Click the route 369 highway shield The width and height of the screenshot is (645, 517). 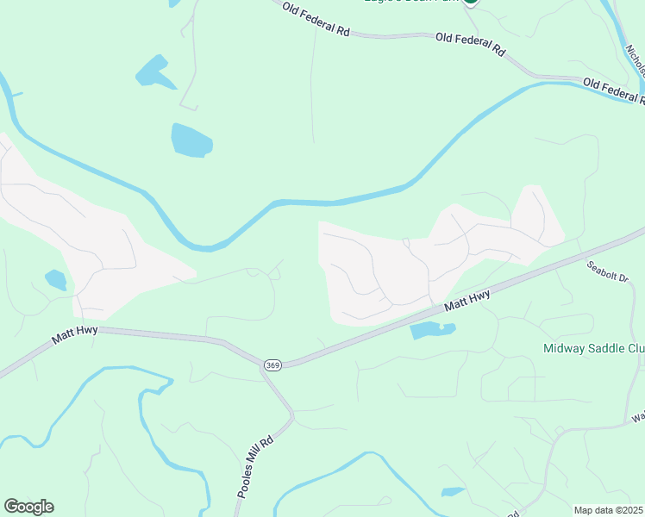click(272, 364)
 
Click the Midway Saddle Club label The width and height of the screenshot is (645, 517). click(593, 349)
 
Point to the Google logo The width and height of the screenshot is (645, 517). click(28, 507)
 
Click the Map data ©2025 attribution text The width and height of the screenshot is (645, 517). click(609, 510)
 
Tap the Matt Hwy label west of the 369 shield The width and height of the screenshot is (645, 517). click(74, 334)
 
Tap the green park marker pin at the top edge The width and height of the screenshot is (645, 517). click(470, 3)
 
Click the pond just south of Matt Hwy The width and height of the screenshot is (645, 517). click(432, 330)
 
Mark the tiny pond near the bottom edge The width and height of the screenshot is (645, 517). click(453, 492)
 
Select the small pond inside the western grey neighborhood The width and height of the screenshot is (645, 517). click(56, 280)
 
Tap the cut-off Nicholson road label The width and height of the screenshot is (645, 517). click(635, 52)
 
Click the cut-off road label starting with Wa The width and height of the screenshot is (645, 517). click(637, 417)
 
